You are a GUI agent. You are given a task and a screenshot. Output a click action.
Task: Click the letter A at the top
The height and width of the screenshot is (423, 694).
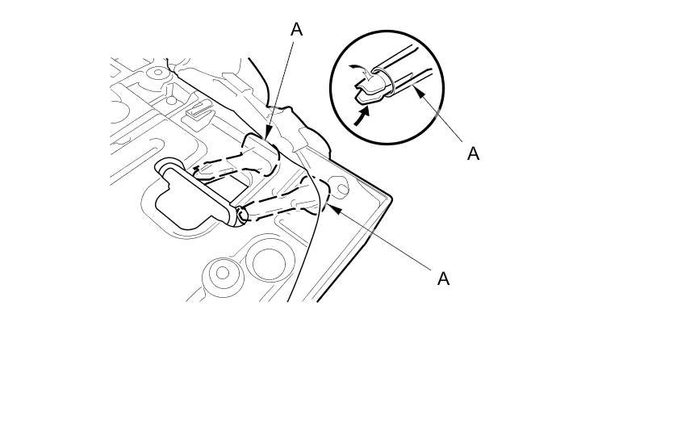(x=296, y=29)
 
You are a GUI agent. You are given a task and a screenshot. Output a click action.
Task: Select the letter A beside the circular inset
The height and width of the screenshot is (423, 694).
(x=473, y=153)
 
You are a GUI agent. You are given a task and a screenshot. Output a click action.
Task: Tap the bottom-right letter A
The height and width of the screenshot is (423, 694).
(x=443, y=279)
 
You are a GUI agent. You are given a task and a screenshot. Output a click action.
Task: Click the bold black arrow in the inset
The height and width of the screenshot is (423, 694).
(x=363, y=115)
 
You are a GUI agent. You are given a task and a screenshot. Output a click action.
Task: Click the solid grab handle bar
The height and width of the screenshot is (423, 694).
(x=202, y=191)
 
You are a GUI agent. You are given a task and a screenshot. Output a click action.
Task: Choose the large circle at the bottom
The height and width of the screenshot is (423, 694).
(x=265, y=262)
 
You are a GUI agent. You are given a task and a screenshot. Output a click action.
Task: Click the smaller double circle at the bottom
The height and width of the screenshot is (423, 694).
(x=222, y=273)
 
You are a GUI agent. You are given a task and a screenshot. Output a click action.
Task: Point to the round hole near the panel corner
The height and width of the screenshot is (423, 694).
(x=341, y=191)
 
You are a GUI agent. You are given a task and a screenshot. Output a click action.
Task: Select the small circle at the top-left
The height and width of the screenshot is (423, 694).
(x=157, y=73)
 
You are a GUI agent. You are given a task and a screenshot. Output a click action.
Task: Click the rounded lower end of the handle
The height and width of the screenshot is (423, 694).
(x=241, y=215)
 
